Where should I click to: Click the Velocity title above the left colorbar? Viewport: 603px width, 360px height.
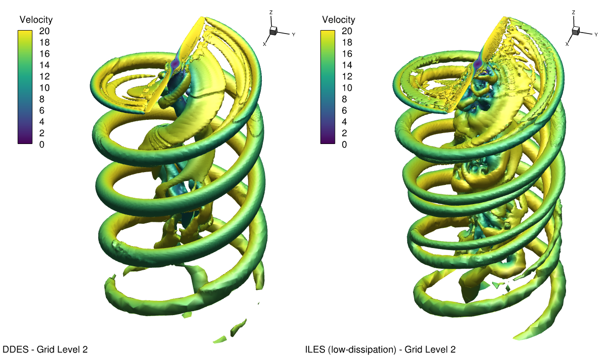pyautogui.click(x=36, y=20)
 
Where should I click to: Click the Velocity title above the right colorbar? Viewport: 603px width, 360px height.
pyautogui.click(x=339, y=20)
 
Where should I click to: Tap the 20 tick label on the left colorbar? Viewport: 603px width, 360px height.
pyautogui.click(x=44, y=31)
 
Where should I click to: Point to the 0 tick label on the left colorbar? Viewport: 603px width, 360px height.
pyautogui.click(x=42, y=144)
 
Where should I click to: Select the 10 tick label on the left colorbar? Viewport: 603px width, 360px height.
pyautogui.click(x=44, y=88)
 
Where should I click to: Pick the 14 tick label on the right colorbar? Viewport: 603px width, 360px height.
pyautogui.click(x=347, y=65)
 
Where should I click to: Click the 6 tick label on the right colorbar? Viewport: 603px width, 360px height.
pyautogui.click(x=344, y=110)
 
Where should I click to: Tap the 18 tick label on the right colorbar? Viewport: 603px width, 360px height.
pyautogui.click(x=347, y=42)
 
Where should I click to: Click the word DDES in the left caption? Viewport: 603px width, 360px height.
pyautogui.click(x=15, y=350)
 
